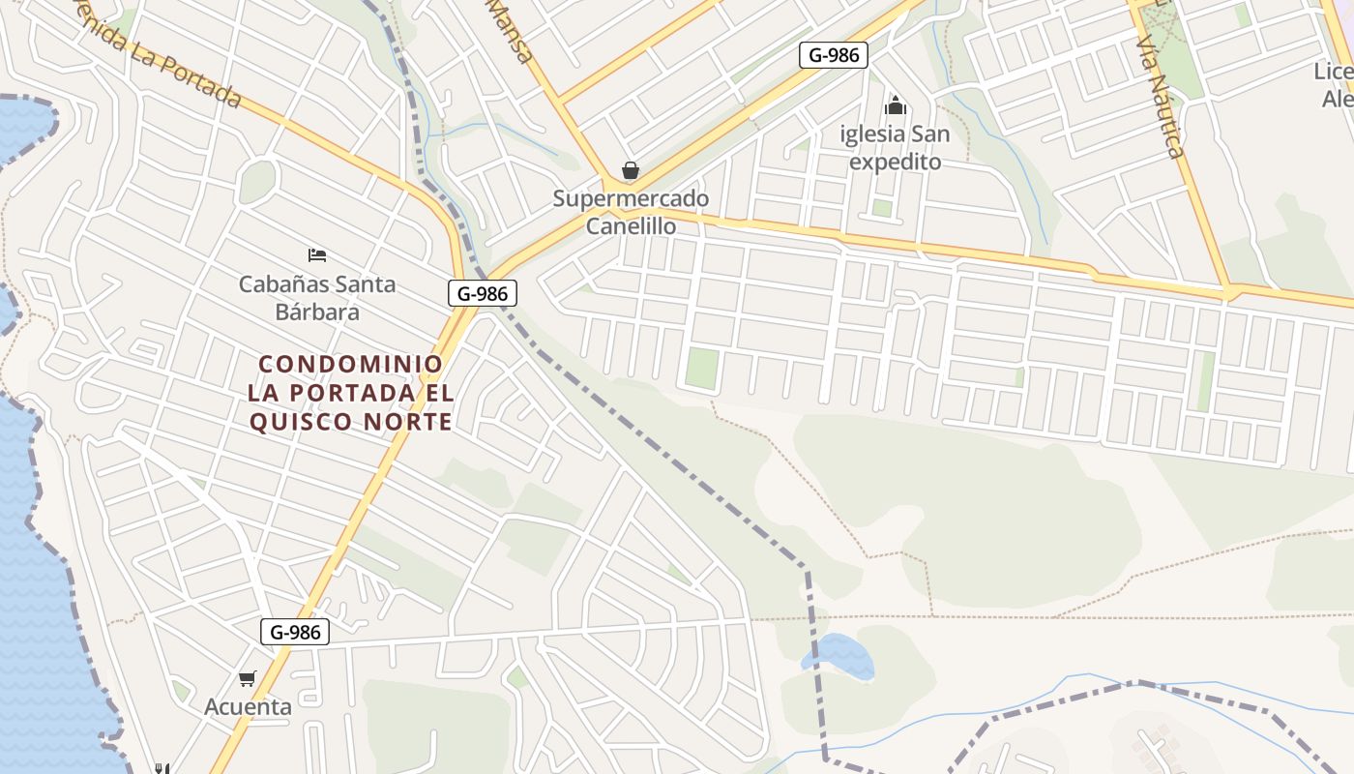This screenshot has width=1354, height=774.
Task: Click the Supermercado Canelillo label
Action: point(631,212)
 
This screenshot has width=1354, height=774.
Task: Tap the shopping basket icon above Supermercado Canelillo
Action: point(631,171)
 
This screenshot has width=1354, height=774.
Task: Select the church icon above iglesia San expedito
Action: point(896,104)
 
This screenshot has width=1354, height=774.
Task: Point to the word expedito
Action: point(895,162)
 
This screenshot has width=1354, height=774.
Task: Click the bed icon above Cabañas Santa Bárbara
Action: point(317,255)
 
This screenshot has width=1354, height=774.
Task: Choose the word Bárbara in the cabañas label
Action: point(317,312)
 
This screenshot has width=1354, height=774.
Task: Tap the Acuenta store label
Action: point(248,706)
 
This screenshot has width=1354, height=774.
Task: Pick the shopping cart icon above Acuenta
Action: point(248,678)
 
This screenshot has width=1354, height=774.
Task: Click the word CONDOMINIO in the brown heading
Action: point(351,365)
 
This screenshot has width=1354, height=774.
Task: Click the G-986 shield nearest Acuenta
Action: point(295,633)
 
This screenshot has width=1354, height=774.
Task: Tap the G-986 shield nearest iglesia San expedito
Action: point(833,55)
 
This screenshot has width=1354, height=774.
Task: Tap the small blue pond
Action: point(839,656)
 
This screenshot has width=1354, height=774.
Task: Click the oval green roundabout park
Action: point(257,181)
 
